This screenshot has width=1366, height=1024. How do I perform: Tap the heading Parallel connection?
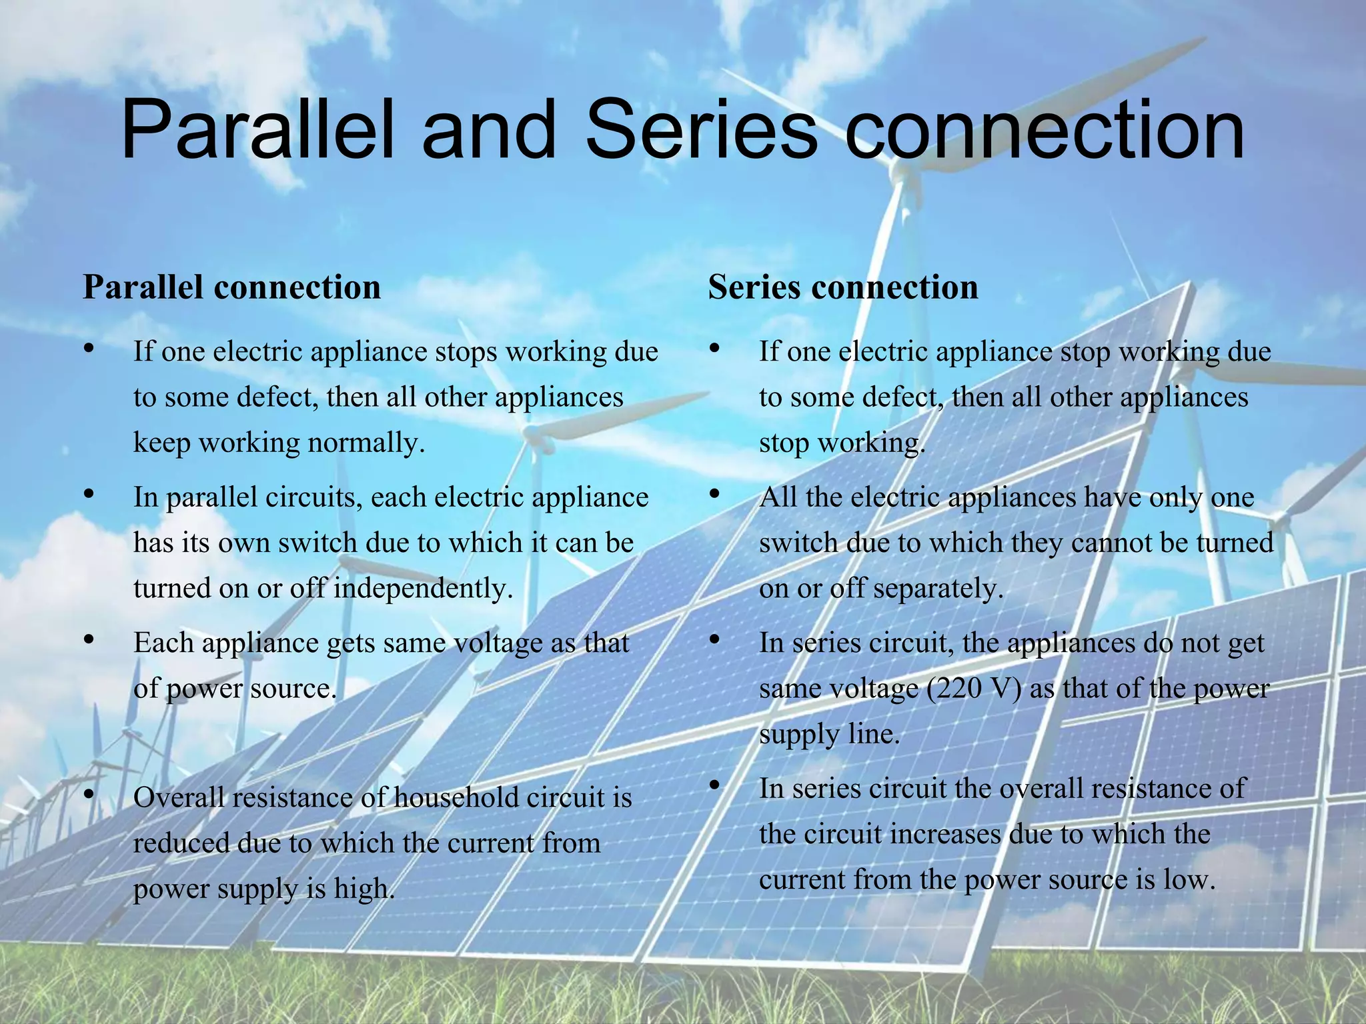(x=231, y=287)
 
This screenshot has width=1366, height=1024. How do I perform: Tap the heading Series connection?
(x=843, y=287)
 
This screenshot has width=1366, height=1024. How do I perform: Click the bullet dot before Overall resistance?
(x=89, y=795)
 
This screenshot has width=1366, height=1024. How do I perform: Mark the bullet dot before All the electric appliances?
(x=714, y=494)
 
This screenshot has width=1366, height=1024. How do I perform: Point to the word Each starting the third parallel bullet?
(x=163, y=643)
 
